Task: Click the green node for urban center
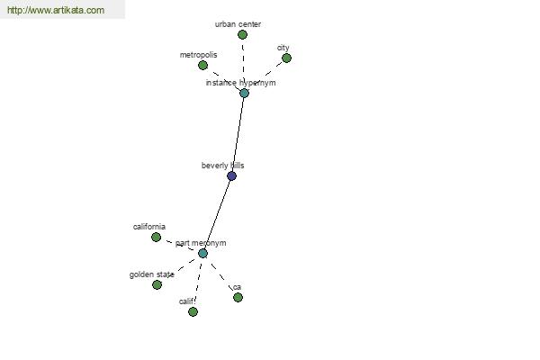242,34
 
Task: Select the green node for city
286,58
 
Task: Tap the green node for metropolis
202,65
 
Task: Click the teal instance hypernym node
244,93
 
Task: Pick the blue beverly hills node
232,176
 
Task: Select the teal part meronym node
202,254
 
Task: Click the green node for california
156,237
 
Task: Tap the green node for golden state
157,285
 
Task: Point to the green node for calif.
193,311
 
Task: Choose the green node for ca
238,297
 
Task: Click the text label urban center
238,24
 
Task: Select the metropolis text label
198,55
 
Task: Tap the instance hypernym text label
240,83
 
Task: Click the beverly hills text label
223,166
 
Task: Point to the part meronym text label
201,243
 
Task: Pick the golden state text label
152,274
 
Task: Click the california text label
149,227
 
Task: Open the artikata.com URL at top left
56,10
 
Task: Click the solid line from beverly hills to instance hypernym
238,134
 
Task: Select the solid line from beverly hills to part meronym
217,215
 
